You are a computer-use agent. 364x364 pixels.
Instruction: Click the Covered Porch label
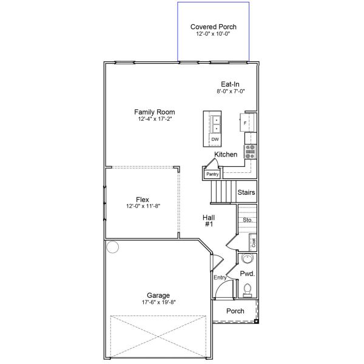tap(213, 27)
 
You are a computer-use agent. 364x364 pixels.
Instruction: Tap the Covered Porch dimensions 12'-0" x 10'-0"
tap(213, 35)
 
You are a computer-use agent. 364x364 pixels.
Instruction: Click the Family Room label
tap(155, 112)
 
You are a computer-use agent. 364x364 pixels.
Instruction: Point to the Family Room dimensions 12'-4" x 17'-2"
tap(155, 120)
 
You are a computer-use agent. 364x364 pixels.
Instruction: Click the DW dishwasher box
tap(215, 140)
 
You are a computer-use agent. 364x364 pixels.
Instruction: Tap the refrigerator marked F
tap(246, 123)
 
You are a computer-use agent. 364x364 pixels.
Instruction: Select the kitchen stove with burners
tap(250, 152)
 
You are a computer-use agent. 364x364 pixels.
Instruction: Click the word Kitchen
tap(226, 155)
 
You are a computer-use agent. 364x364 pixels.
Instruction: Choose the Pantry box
tap(212, 174)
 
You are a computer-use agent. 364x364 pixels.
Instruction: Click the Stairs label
tap(246, 193)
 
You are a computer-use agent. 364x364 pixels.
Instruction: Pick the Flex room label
tap(142, 200)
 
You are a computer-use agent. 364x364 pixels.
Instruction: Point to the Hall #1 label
tap(209, 220)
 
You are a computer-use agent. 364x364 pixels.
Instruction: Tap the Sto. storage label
tap(248, 220)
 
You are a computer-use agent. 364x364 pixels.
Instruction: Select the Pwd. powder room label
tap(247, 274)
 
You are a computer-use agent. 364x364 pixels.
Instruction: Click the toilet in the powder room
tap(247, 292)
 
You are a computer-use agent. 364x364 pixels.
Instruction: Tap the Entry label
tap(220, 277)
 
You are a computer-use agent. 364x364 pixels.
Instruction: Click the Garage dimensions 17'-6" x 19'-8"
tap(158, 302)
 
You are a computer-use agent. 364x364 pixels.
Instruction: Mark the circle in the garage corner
tap(112, 247)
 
